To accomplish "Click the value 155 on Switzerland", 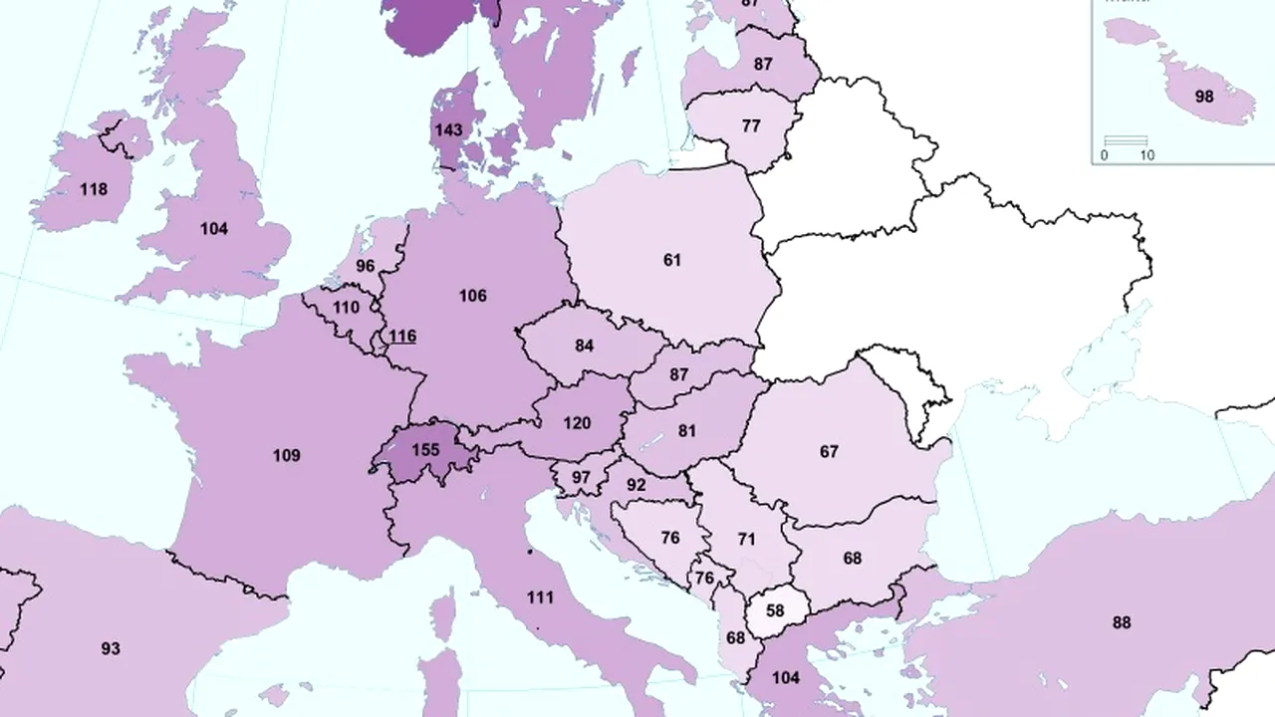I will (x=425, y=449).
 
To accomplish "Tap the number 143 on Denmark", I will (x=447, y=129).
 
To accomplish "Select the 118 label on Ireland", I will (x=94, y=189).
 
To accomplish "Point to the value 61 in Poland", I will (x=672, y=260).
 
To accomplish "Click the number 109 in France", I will (x=286, y=455).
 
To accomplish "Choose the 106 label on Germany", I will (x=472, y=296).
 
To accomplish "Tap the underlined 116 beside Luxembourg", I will (x=402, y=337).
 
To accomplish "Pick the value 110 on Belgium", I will (x=346, y=308).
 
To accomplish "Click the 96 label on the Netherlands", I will (x=366, y=266).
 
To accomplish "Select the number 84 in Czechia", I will (x=585, y=346).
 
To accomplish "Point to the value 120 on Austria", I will (x=577, y=422).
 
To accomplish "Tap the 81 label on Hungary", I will (x=686, y=431).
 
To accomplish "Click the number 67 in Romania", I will (x=829, y=451).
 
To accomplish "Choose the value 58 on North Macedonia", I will (x=774, y=609).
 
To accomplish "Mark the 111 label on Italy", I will (x=540, y=597).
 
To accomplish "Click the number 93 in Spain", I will (x=111, y=648).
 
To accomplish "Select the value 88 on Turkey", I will (x=1122, y=622).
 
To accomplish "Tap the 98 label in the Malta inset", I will (x=1203, y=97).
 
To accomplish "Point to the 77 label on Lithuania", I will (x=751, y=126).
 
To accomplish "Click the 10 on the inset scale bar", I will (x=1147, y=155).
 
